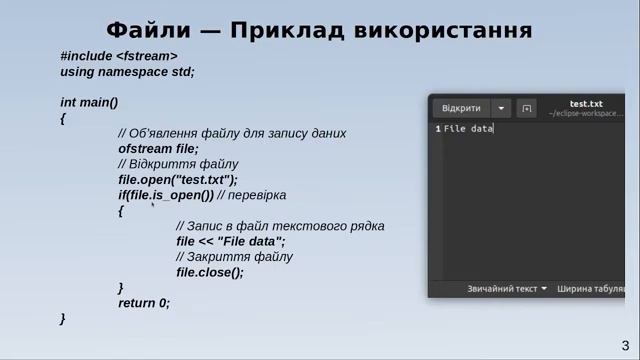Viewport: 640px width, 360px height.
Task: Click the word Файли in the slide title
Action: coord(149,29)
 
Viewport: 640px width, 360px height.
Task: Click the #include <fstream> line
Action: coord(118,56)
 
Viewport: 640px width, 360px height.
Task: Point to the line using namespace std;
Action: coord(127,72)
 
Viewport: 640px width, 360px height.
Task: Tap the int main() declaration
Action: coord(89,102)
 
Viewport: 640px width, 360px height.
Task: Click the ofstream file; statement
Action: coord(158,148)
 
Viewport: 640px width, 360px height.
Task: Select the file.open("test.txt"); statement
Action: coord(178,180)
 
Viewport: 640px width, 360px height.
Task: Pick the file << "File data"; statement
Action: coord(231,241)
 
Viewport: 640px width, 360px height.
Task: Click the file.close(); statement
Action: coord(210,272)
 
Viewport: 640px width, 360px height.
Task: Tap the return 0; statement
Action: coord(144,303)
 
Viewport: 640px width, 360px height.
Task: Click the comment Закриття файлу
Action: coord(234,257)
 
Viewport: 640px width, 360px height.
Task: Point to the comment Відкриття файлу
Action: coord(178,164)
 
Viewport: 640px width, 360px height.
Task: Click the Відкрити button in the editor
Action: coord(461,108)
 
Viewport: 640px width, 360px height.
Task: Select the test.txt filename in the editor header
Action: coord(586,103)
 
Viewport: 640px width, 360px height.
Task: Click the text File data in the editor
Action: coord(468,129)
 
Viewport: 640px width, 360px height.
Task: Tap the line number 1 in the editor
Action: coord(437,129)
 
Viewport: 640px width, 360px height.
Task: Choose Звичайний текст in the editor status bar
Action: coord(502,289)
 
